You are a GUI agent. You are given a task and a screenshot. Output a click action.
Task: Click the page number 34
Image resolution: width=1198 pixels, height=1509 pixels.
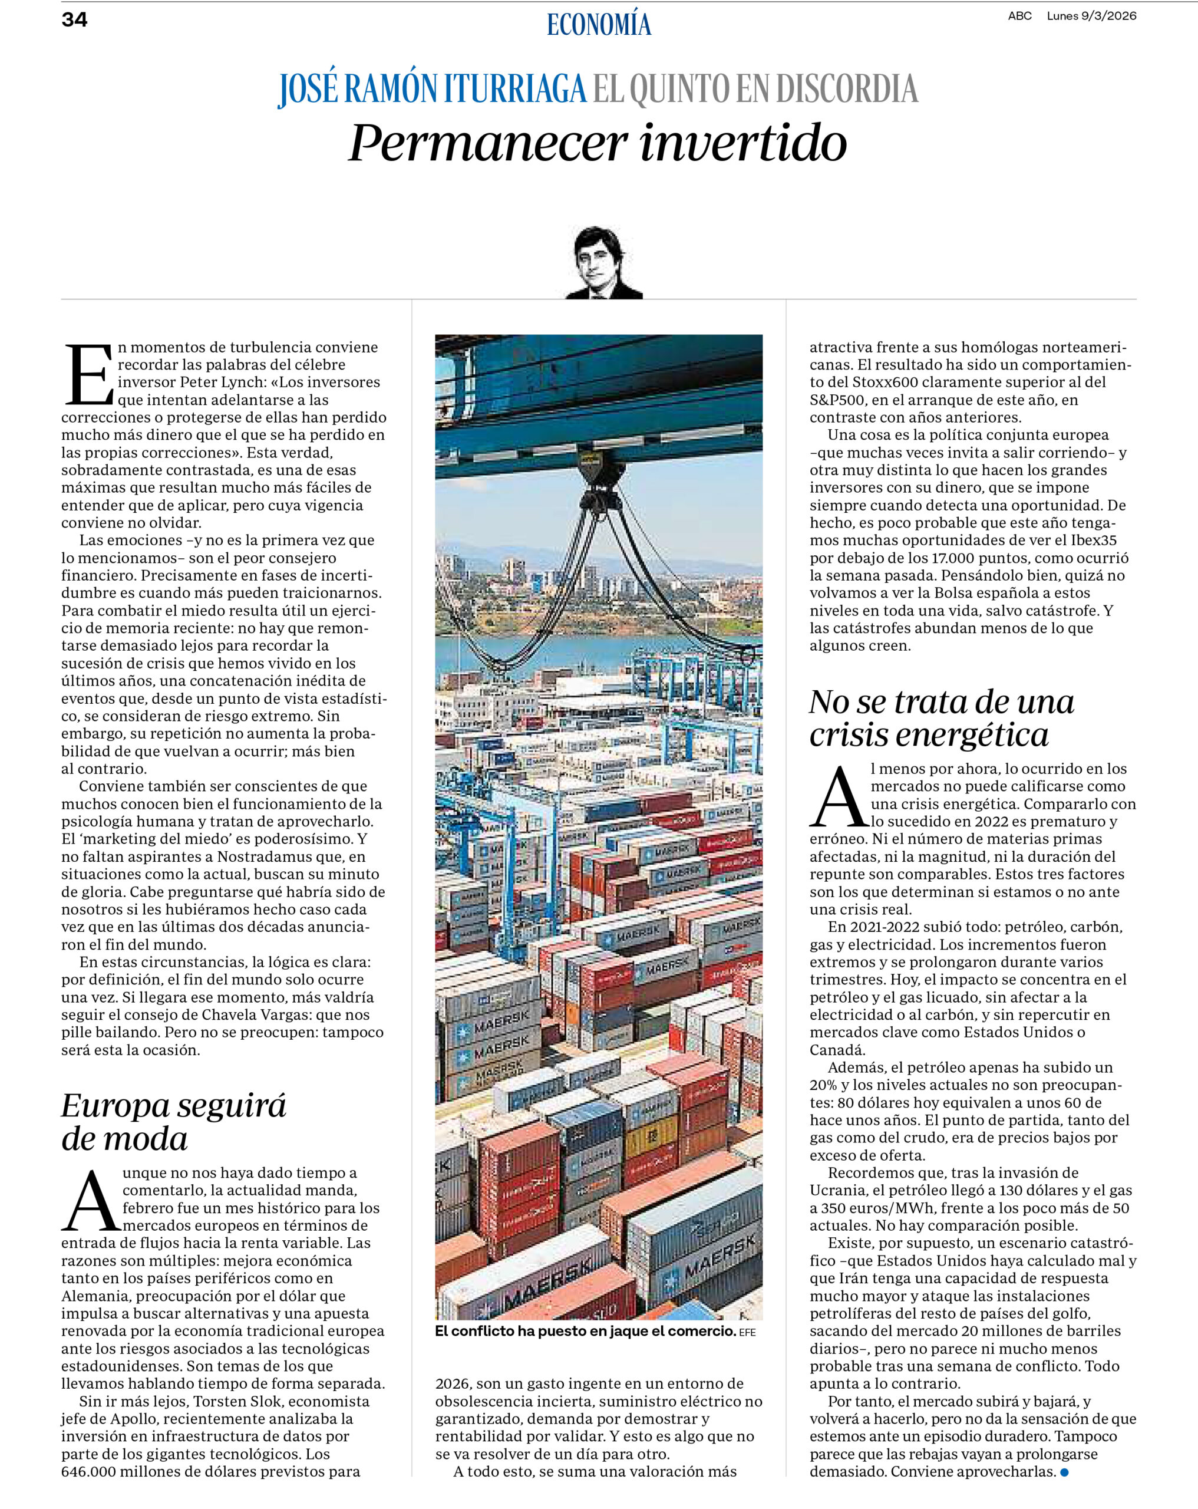tap(74, 19)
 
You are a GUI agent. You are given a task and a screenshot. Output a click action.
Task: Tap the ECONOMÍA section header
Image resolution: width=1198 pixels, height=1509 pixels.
tap(598, 25)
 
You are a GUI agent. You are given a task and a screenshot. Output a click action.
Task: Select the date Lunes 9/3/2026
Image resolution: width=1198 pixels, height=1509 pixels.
tap(1091, 16)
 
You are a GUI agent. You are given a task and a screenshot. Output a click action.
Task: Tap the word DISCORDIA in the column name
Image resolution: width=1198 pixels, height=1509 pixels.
tap(847, 89)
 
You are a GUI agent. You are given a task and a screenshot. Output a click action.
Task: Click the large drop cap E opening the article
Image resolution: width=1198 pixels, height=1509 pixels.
tap(88, 374)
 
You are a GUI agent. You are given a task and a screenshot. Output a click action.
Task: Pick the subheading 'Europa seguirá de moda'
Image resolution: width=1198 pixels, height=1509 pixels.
tap(173, 1121)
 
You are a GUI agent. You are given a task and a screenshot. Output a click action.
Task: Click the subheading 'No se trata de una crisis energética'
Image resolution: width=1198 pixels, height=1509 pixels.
tap(941, 718)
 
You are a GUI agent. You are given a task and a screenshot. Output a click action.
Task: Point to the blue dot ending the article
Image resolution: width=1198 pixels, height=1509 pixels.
tap(1064, 1472)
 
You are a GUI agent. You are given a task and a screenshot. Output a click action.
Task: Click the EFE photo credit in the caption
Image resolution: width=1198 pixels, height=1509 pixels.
tap(747, 1333)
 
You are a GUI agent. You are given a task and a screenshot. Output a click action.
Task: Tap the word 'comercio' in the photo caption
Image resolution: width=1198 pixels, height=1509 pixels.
tap(702, 1331)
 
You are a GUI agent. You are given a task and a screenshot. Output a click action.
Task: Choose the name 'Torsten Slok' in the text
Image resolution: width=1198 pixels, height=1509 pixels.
tap(237, 1401)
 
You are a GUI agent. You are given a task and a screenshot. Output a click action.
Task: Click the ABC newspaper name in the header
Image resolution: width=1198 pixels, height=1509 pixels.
tap(1019, 16)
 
